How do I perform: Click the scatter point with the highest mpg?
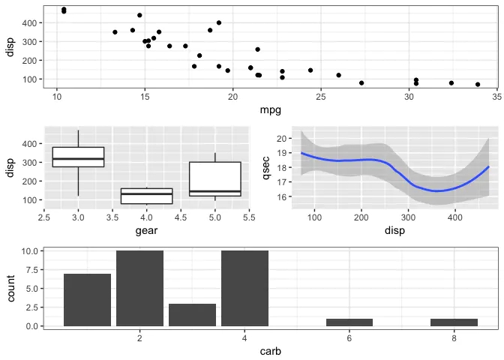[x=478, y=85]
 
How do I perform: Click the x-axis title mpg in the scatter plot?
[x=270, y=111]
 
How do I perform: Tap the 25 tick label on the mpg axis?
[x=320, y=97]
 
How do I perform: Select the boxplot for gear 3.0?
[x=78, y=157]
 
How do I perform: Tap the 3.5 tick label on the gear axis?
[x=112, y=217]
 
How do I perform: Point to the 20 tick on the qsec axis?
[x=282, y=139]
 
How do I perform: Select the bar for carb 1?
[x=87, y=300]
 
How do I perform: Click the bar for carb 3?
[x=192, y=315]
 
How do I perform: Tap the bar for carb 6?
[x=349, y=322]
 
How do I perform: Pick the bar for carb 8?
[x=454, y=322]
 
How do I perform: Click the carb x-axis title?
[x=270, y=350]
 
